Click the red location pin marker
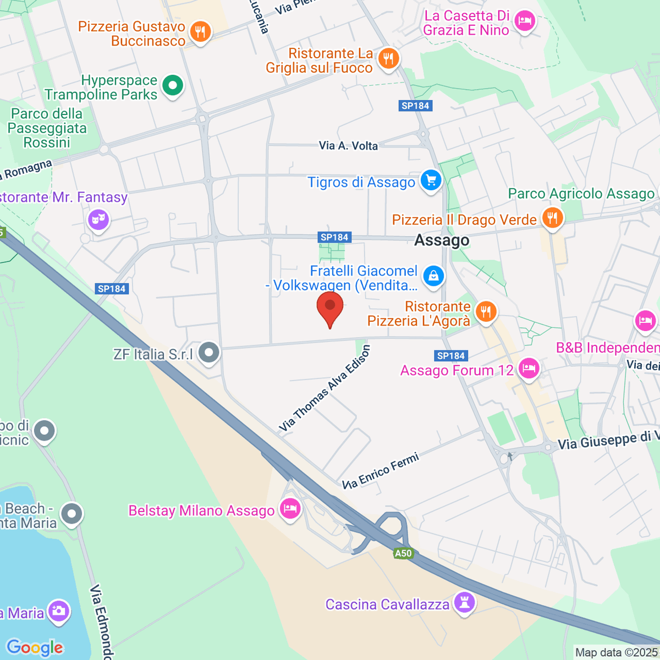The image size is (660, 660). pyautogui.click(x=330, y=309)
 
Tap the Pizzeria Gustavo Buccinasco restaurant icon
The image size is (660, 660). pyautogui.click(x=200, y=33)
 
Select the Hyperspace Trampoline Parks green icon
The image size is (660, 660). pyautogui.click(x=173, y=86)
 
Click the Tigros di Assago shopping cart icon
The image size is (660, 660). pyautogui.click(x=431, y=181)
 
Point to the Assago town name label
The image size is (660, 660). pyautogui.click(x=442, y=240)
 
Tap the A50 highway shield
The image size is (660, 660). pyautogui.click(x=403, y=553)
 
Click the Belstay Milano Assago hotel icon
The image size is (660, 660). pyautogui.click(x=289, y=509)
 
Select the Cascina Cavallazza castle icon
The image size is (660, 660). pyautogui.click(x=464, y=603)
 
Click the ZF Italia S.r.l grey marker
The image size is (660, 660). pyautogui.click(x=209, y=353)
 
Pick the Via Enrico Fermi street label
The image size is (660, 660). pyautogui.click(x=381, y=471)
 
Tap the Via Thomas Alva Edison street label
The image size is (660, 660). pyautogui.click(x=325, y=388)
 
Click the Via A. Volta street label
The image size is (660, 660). pyautogui.click(x=348, y=146)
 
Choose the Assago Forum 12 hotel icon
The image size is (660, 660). pyautogui.click(x=529, y=369)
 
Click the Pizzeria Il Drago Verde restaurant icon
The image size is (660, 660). pyautogui.click(x=552, y=218)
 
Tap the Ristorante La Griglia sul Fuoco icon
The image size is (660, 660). pyautogui.click(x=389, y=58)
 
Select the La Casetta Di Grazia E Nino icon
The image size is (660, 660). pyautogui.click(x=524, y=21)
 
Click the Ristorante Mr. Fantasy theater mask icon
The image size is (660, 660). pyautogui.click(x=98, y=220)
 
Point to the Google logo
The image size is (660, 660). pyautogui.click(x=35, y=647)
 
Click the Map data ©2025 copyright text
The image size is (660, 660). pyautogui.click(x=616, y=652)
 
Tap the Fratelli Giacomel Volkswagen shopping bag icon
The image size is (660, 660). pyautogui.click(x=433, y=276)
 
